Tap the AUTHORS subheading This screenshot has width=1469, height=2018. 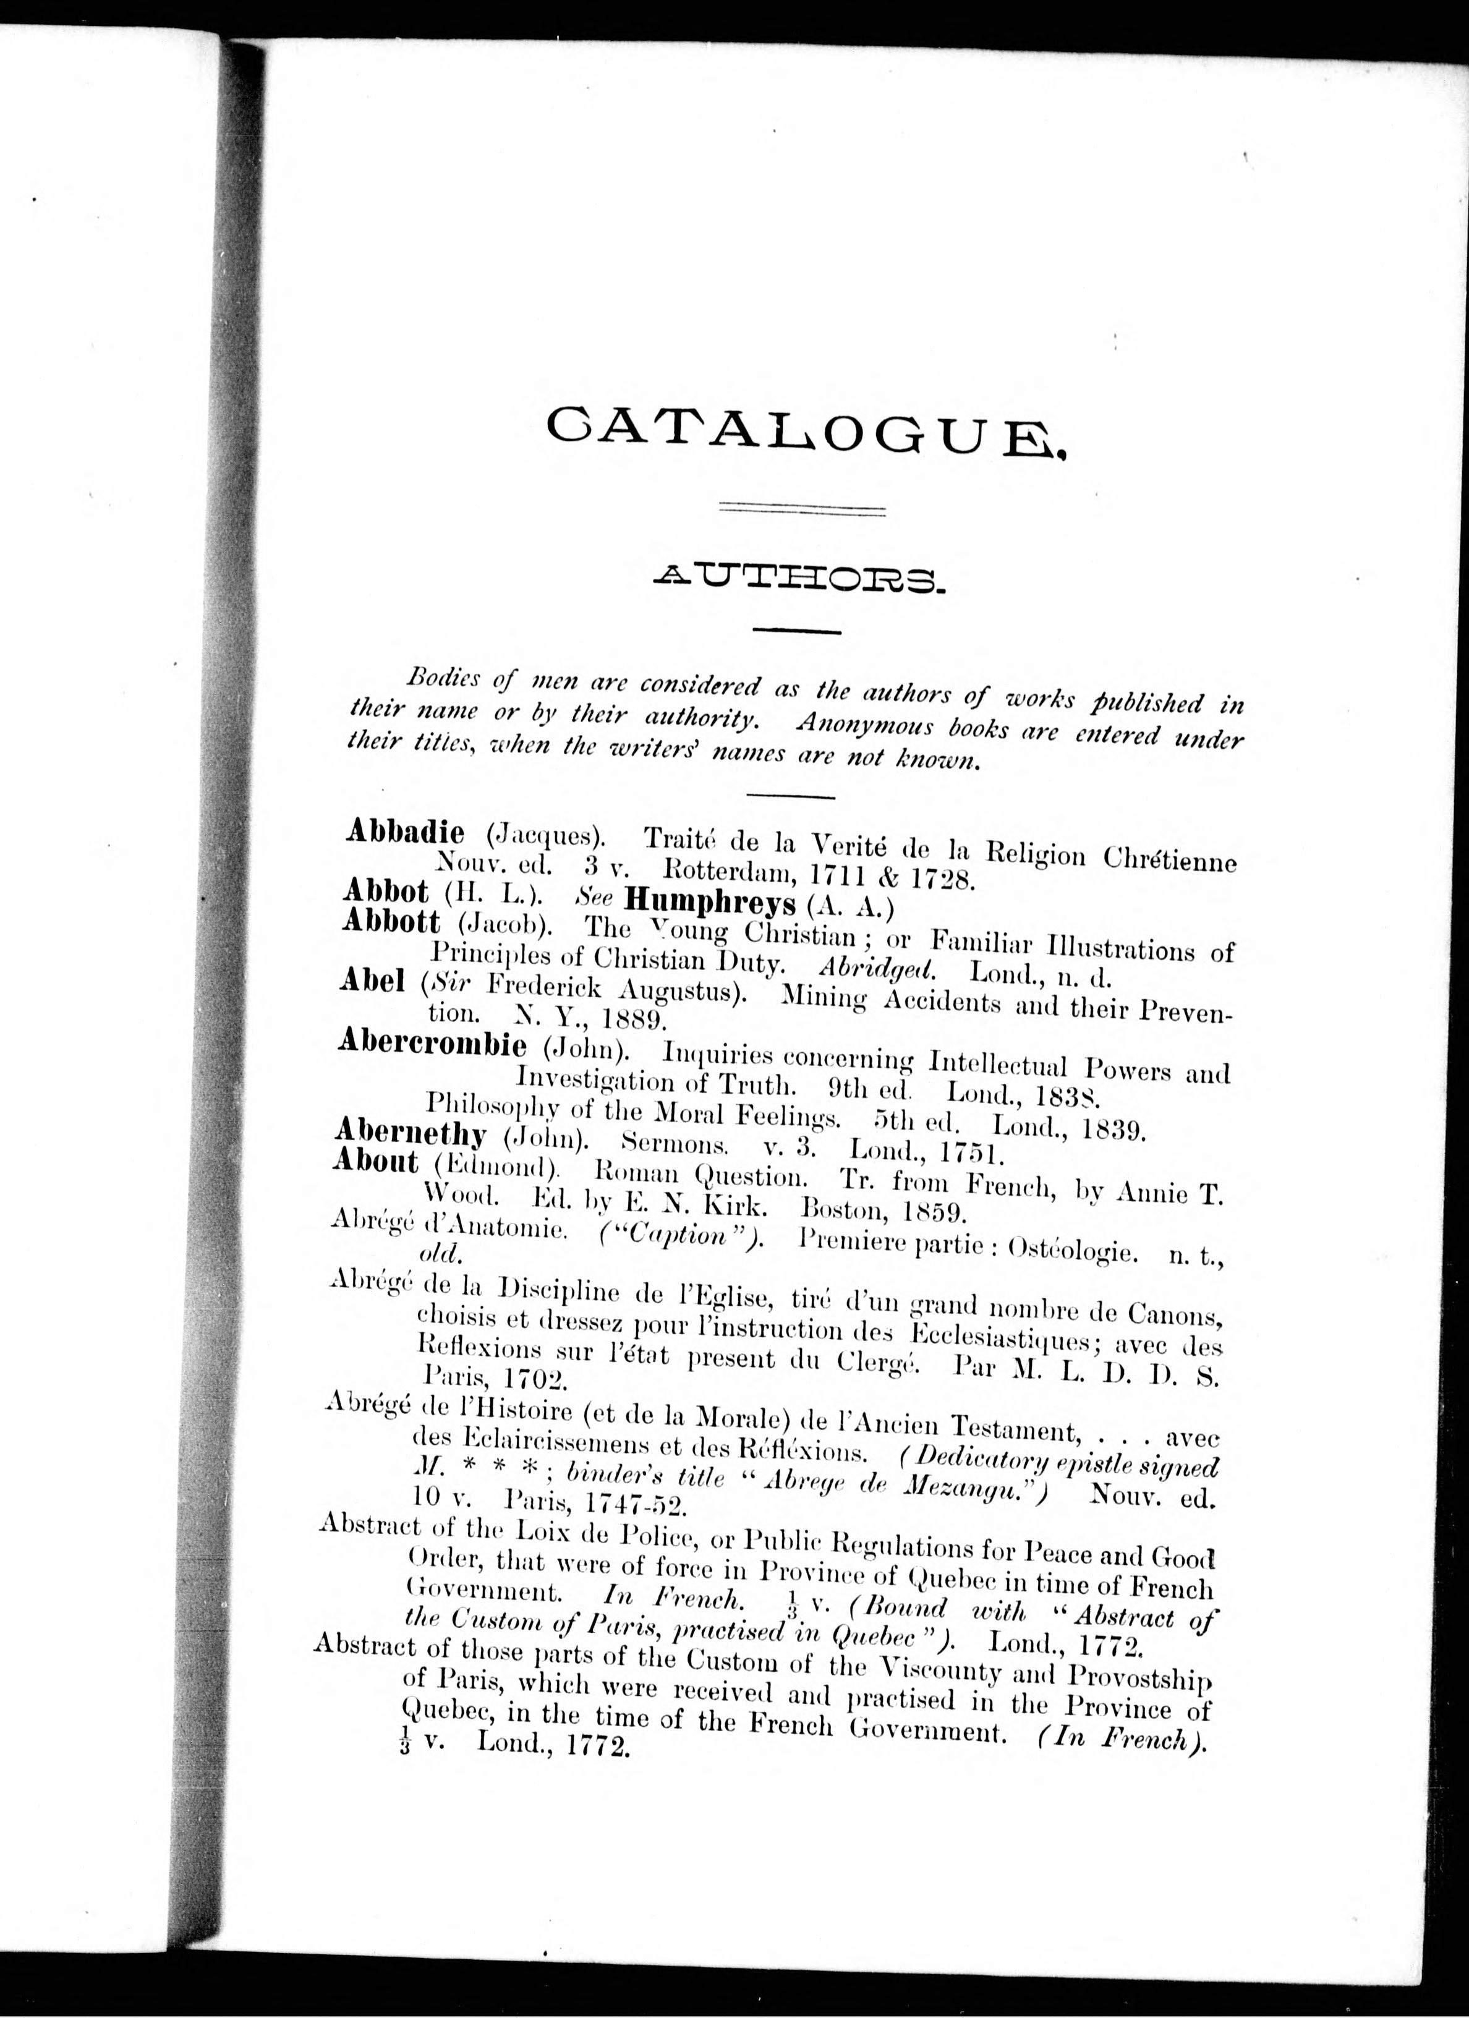point(798,583)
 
